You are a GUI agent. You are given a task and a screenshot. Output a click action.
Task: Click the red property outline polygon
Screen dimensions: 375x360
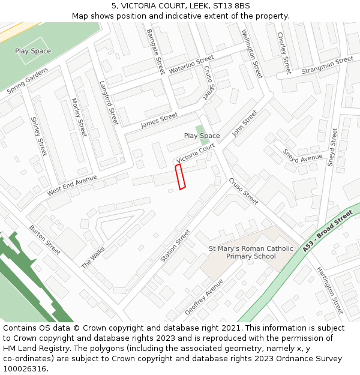(x=180, y=176)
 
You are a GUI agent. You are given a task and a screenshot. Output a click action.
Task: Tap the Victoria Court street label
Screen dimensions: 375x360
(x=196, y=153)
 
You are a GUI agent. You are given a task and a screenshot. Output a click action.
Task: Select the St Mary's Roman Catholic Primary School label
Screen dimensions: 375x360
(x=251, y=253)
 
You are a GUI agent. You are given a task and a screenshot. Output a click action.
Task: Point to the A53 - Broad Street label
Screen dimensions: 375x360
(x=328, y=230)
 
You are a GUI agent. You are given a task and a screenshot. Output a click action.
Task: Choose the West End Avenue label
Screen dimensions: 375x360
(x=72, y=185)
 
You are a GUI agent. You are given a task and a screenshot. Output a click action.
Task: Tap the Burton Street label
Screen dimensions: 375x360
(x=45, y=240)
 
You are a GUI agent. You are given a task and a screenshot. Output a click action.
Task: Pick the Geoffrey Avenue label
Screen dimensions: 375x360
(x=204, y=296)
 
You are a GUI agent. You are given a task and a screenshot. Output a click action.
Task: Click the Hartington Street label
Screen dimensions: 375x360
(x=330, y=290)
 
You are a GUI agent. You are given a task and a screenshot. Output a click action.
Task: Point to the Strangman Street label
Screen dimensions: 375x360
(x=328, y=65)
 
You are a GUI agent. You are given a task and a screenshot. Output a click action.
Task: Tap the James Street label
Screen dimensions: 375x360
(x=160, y=121)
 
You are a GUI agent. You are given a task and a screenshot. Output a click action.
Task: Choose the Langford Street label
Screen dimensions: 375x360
(x=109, y=103)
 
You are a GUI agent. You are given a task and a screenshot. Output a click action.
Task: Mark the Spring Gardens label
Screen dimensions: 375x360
(x=28, y=80)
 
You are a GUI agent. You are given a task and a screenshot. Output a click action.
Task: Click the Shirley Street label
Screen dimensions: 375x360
(x=38, y=137)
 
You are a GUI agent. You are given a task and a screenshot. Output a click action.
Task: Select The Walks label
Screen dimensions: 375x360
(x=93, y=257)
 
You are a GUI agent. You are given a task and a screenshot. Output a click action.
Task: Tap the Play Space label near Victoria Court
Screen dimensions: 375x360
(x=202, y=136)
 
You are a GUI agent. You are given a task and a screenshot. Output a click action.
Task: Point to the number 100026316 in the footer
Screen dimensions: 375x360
(x=25, y=369)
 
